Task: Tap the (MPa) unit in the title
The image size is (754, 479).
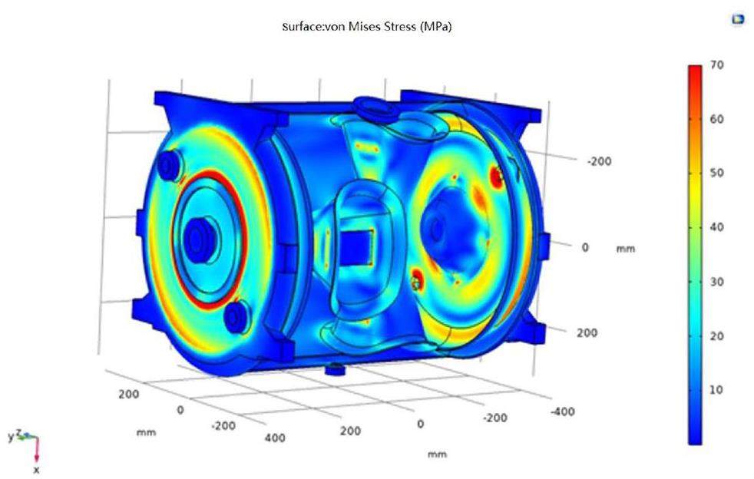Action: (435, 27)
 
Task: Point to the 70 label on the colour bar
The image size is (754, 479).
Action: (716, 65)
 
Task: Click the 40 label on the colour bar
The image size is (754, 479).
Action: (716, 227)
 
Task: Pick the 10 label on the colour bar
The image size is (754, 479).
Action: (716, 389)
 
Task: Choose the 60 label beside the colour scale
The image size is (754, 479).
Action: (716, 119)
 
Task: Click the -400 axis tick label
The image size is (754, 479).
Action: (562, 411)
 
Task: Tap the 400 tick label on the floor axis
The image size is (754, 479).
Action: (275, 438)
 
